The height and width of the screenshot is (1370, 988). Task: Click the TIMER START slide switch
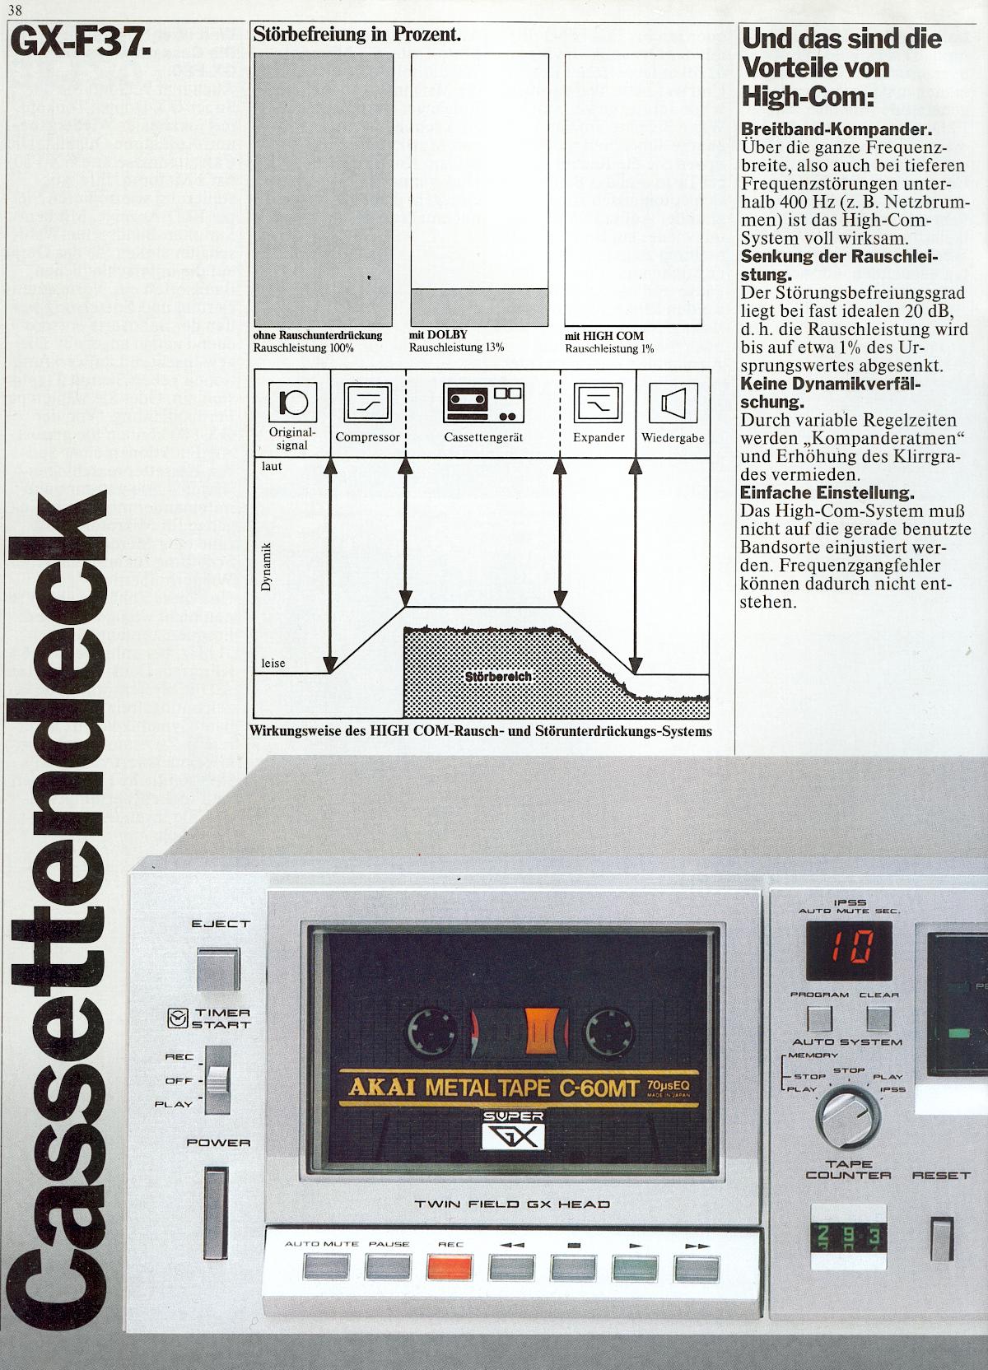point(217,1078)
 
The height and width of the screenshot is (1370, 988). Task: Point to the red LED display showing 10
point(851,949)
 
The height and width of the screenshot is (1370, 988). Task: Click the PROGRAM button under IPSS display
point(818,1018)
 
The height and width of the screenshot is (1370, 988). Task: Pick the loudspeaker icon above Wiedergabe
point(673,403)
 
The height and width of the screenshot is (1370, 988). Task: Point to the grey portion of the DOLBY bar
point(479,308)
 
